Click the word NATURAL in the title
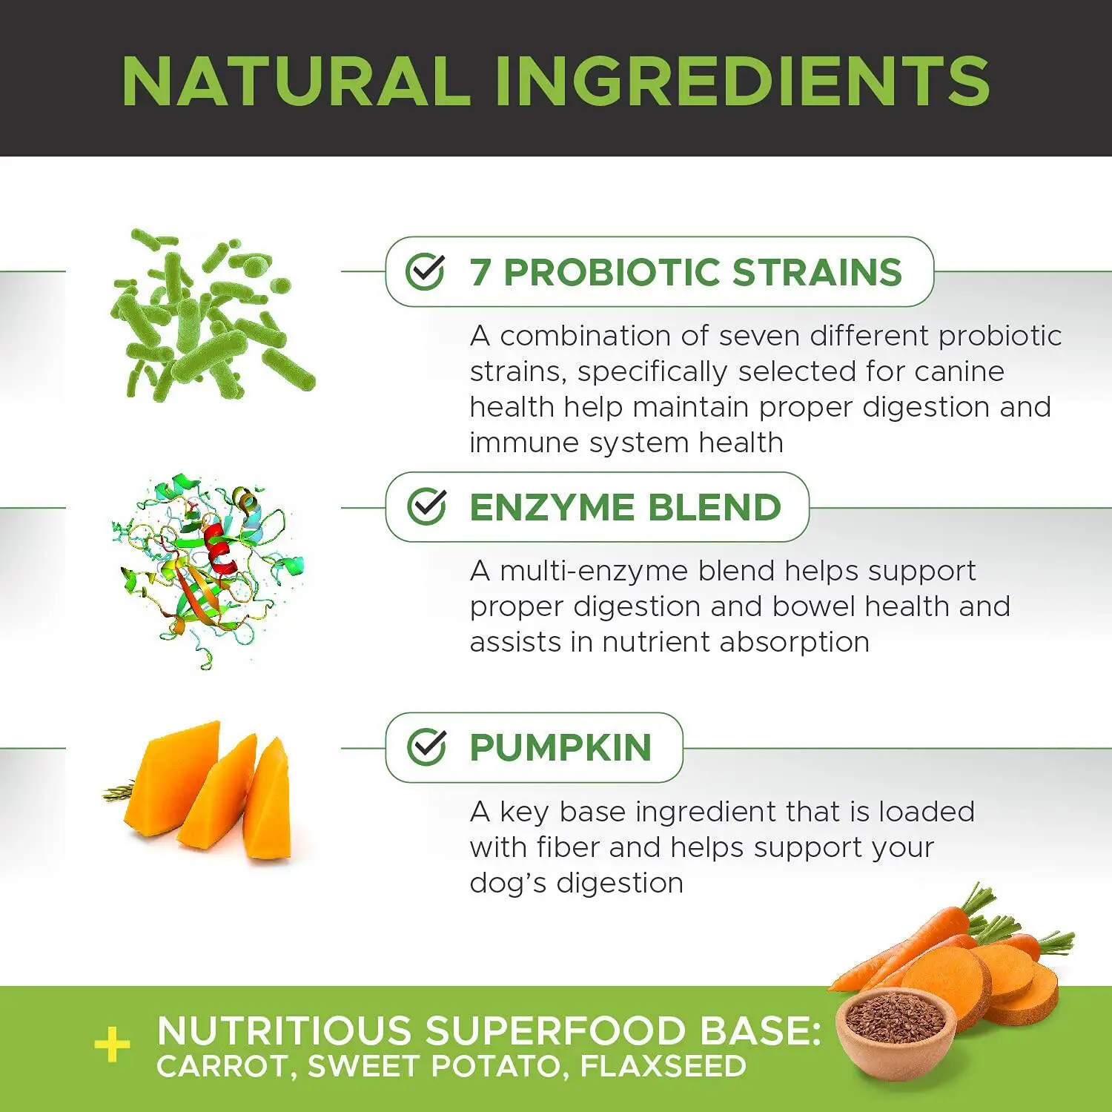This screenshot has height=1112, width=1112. point(296,82)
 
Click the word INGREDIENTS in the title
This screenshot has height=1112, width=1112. point(742,82)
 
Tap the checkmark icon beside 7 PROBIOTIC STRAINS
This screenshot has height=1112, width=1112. point(426,271)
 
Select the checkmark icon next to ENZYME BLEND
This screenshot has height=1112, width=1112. point(427,507)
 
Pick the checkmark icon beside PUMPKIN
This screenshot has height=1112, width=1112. point(427,747)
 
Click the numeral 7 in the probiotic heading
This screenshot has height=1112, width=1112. point(480,272)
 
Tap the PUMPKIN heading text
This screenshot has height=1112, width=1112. point(560,747)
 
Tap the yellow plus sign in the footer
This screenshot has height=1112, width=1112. point(112,1045)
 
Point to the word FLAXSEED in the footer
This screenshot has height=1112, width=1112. point(663,1066)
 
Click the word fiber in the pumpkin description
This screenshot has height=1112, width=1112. point(569,847)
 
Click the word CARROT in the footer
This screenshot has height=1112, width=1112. point(222,1066)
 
